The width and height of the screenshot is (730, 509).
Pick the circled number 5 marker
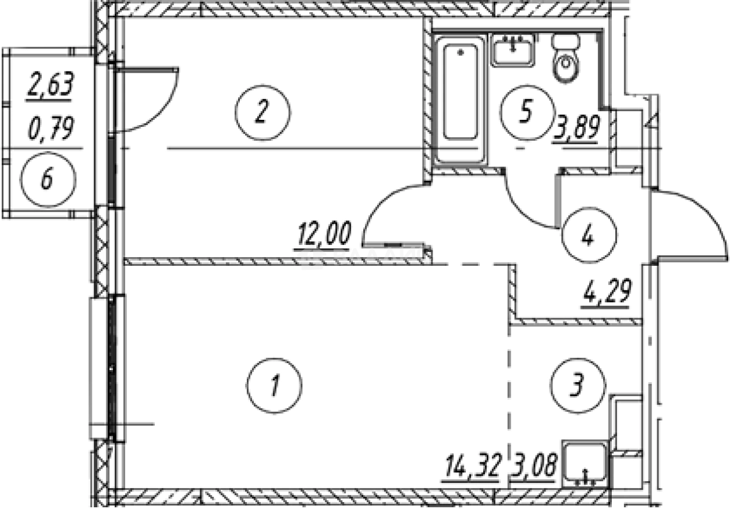[526, 112]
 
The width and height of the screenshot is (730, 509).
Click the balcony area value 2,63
[51, 85]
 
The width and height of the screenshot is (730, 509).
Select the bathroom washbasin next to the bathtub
[513, 49]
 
